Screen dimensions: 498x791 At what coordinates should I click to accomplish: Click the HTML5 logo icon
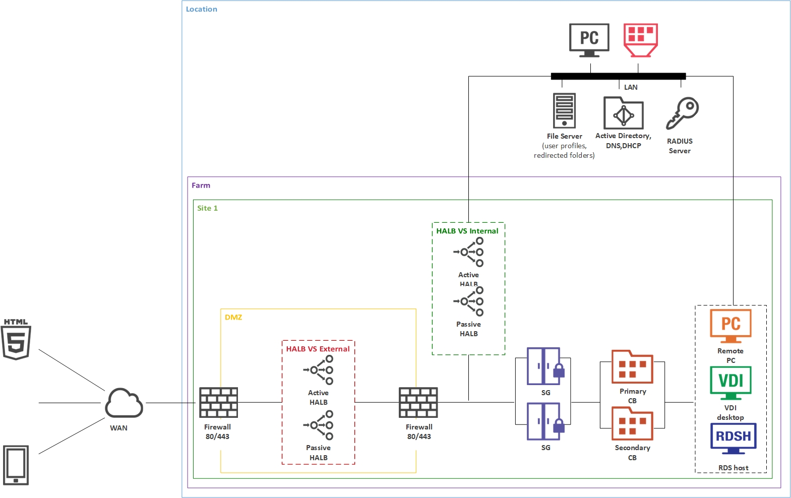click(16, 340)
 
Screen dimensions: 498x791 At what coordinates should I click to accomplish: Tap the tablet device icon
click(16, 465)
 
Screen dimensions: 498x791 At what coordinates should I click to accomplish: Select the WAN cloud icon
click(124, 403)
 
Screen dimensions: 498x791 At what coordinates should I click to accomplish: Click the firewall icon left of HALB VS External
click(218, 402)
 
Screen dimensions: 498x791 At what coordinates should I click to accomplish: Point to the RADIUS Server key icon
click(682, 113)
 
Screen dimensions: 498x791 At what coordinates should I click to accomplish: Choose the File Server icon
click(564, 110)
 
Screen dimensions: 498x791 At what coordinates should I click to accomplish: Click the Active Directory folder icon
click(623, 113)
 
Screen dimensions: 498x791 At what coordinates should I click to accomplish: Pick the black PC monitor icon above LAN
click(589, 39)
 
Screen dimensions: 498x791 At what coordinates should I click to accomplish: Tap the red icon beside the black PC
click(640, 39)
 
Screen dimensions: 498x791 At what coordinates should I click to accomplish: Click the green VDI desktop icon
click(731, 383)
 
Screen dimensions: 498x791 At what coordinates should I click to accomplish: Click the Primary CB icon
click(632, 367)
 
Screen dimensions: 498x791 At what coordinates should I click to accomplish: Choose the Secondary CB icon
click(632, 423)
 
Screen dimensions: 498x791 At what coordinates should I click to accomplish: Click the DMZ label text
click(233, 317)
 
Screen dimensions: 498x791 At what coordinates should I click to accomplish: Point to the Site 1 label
click(207, 208)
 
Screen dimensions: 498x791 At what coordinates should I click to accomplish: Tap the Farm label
click(201, 185)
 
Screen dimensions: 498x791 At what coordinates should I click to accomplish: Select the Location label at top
click(201, 9)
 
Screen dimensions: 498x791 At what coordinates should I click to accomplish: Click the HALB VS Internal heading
click(467, 231)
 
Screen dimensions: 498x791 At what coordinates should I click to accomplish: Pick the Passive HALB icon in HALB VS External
click(319, 425)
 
